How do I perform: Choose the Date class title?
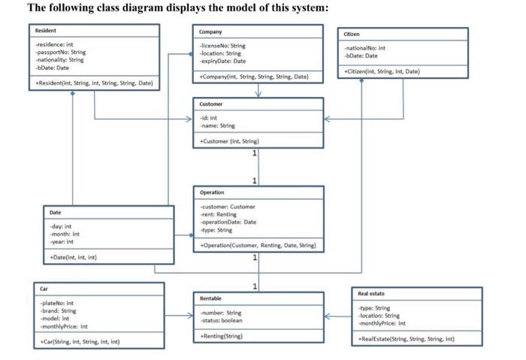tap(55, 213)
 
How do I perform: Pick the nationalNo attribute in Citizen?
tap(364, 48)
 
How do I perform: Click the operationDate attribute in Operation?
tap(228, 222)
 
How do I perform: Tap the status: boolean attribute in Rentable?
tap(222, 320)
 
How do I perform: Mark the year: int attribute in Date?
tap(60, 242)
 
